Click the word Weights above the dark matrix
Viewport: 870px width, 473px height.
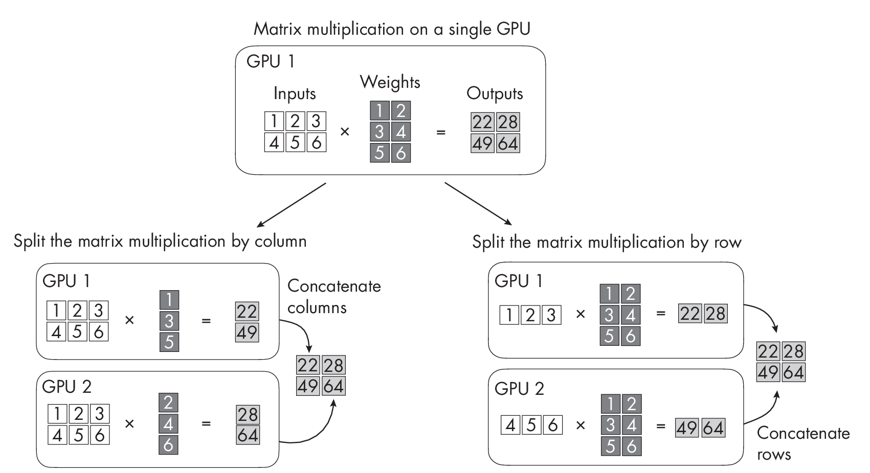(390, 82)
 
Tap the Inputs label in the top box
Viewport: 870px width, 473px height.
(294, 93)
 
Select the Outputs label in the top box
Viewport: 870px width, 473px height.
(495, 93)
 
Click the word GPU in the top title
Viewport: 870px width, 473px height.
(513, 29)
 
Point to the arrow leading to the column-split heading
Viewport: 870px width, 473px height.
(291, 204)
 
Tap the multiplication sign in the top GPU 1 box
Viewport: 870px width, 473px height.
(345, 132)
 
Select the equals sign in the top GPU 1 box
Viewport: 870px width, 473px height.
(440, 132)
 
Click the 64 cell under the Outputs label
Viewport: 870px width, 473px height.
(508, 144)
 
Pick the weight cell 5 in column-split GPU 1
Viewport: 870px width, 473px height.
(169, 342)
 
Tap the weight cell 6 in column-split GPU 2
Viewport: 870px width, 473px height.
(169, 445)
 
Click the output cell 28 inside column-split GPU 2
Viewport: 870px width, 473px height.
(248, 414)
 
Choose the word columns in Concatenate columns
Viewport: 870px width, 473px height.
(317, 308)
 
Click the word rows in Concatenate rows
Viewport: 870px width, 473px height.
(774, 454)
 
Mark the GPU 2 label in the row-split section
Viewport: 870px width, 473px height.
(519, 389)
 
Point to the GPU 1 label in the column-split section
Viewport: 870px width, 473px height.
(68, 281)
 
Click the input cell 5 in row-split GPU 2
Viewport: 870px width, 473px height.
(531, 425)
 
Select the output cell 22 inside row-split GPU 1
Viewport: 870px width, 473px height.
(690, 314)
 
